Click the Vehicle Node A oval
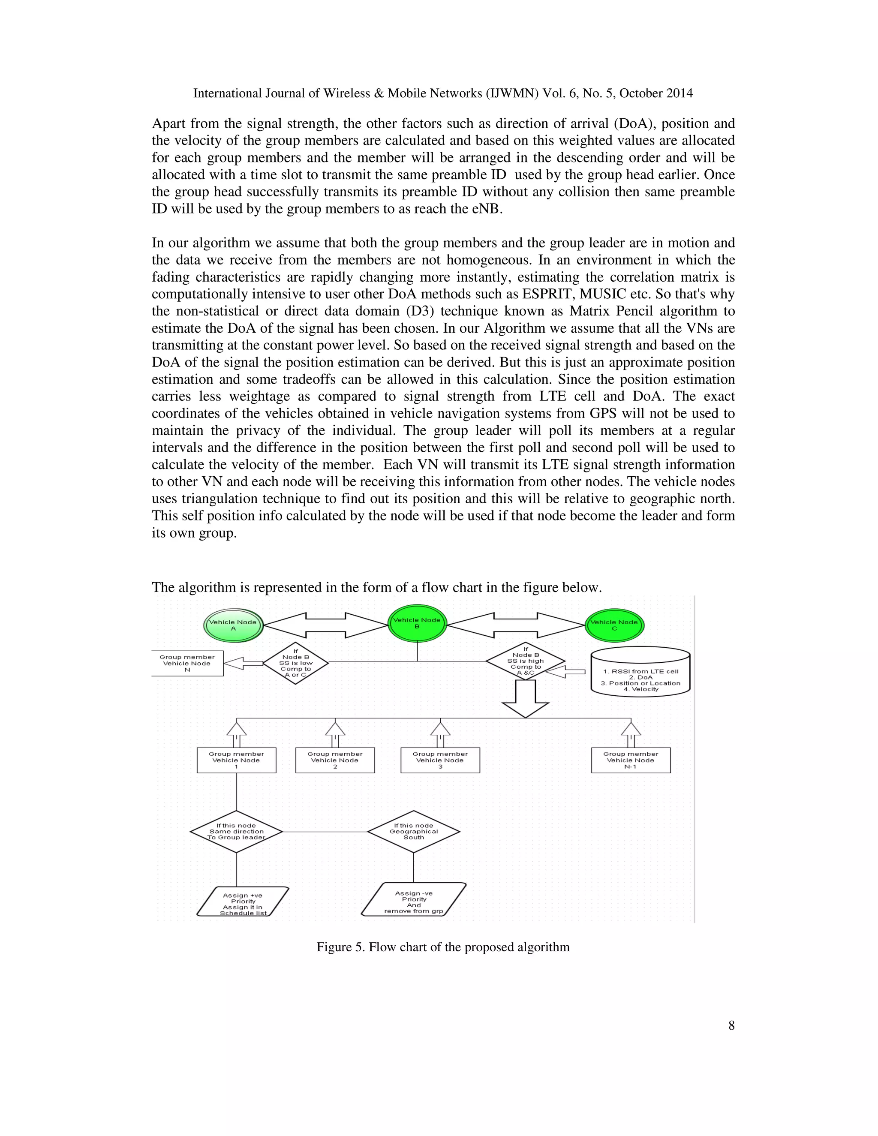click(x=233, y=625)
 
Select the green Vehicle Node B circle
click(x=417, y=624)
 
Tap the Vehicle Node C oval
click(x=614, y=625)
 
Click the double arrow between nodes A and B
click(x=326, y=625)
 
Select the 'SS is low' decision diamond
click(x=295, y=663)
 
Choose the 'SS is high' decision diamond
click(x=525, y=661)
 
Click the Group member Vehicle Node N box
click(x=187, y=663)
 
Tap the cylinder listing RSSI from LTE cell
click(x=640, y=672)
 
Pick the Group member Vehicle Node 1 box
click(x=236, y=760)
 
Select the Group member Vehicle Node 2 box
click(x=335, y=760)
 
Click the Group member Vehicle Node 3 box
click(x=440, y=760)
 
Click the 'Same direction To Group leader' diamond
click(x=236, y=832)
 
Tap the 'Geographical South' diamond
click(x=414, y=832)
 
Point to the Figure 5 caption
click(x=442, y=947)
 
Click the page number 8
click(x=731, y=1025)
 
